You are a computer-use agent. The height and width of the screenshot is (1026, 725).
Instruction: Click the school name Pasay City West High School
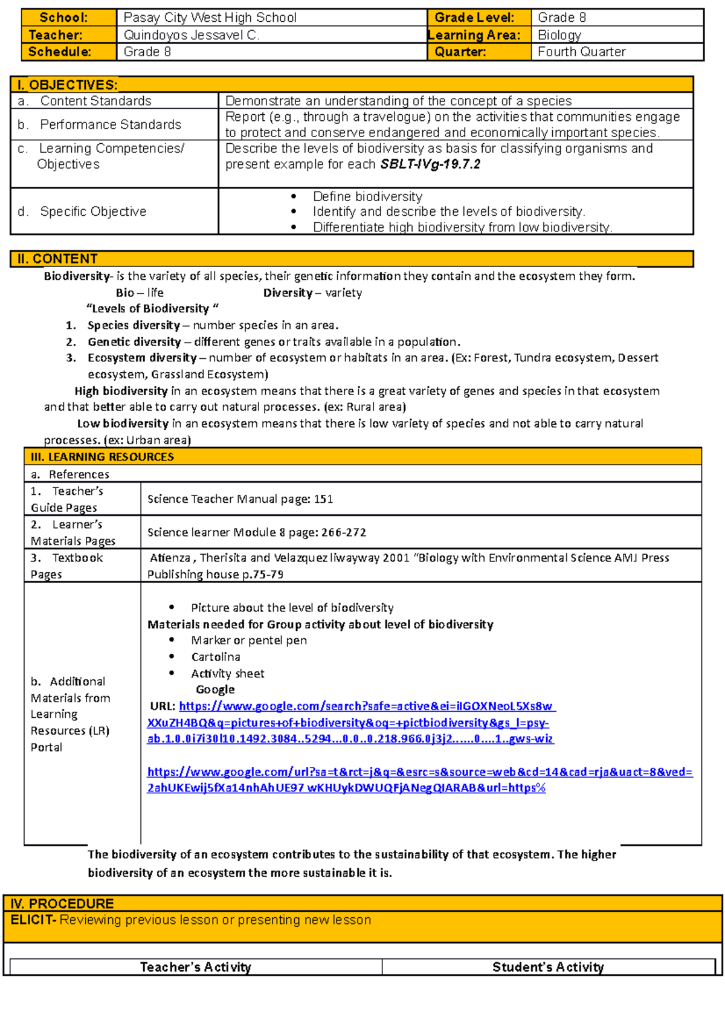click(210, 18)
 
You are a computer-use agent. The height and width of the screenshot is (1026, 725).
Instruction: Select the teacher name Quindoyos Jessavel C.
click(192, 35)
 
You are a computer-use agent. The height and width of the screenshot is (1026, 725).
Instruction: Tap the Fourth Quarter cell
click(581, 52)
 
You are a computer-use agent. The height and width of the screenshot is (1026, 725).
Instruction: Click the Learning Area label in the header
click(474, 35)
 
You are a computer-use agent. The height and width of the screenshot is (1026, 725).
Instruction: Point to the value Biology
click(559, 35)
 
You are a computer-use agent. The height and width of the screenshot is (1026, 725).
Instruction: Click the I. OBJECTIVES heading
click(68, 85)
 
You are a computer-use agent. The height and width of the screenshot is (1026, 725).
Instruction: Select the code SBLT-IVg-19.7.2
click(430, 164)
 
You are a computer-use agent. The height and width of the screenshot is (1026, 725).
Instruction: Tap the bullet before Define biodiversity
click(294, 196)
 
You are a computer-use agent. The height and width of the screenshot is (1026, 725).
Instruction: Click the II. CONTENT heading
click(57, 259)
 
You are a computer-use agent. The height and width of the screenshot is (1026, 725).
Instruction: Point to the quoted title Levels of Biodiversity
click(152, 309)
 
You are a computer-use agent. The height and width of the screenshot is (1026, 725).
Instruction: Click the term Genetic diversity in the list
click(134, 342)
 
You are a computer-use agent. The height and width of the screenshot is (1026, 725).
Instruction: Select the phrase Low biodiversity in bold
click(123, 424)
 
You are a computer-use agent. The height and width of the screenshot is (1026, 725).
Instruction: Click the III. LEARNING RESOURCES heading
click(102, 457)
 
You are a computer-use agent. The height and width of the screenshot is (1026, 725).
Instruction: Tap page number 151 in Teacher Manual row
click(323, 499)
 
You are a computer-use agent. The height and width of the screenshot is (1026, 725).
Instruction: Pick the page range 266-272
click(344, 532)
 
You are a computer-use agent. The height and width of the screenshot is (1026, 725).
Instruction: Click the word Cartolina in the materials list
click(215, 657)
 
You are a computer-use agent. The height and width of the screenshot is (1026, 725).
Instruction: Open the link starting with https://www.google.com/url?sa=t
click(419, 772)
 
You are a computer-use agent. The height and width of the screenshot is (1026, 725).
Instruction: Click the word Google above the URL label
click(215, 689)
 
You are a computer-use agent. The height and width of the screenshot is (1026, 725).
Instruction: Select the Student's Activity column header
click(547, 967)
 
